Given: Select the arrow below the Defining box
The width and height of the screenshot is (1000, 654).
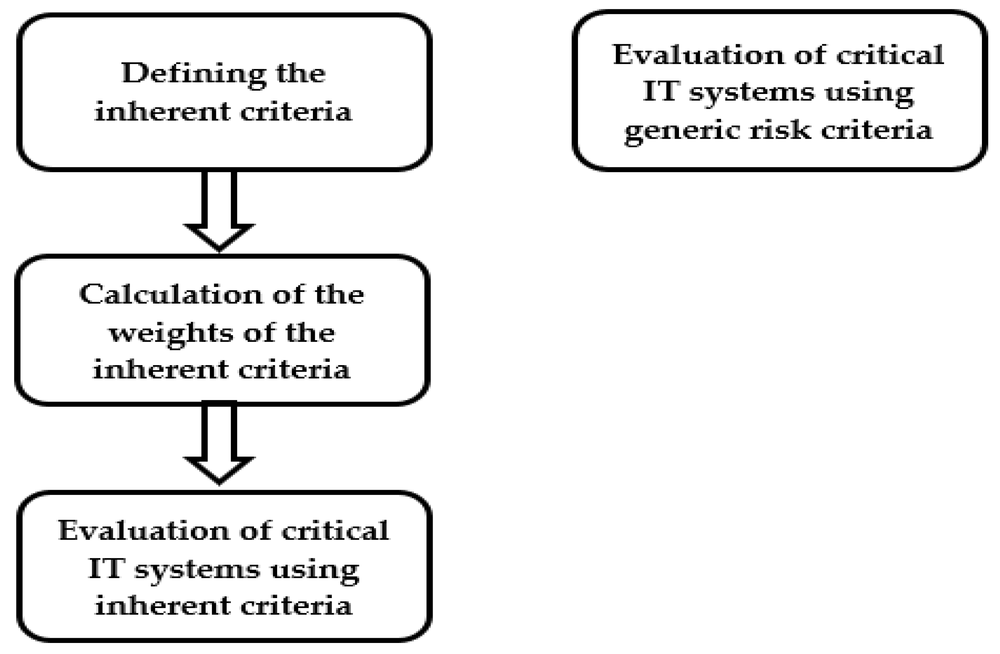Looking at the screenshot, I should [219, 210].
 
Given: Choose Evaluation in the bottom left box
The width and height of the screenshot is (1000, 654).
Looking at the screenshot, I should [143, 531].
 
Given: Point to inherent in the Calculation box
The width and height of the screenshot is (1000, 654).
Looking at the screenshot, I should [160, 370].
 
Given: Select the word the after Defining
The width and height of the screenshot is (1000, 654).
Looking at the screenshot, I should [300, 74].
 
